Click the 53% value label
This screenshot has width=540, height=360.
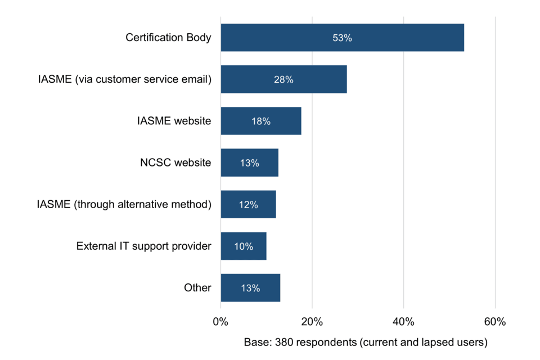342,38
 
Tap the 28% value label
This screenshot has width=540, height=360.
283,80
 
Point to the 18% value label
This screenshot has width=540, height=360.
261,121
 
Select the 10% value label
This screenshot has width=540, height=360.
244,246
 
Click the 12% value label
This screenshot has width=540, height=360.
248,205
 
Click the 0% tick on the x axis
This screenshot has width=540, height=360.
220,322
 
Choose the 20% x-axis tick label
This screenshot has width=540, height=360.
312,322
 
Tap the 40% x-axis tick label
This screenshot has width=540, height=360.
403,322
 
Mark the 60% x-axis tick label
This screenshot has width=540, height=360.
495,322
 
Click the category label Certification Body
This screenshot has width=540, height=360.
168,38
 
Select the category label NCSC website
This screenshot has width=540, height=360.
175,163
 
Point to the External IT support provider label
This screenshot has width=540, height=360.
143,246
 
